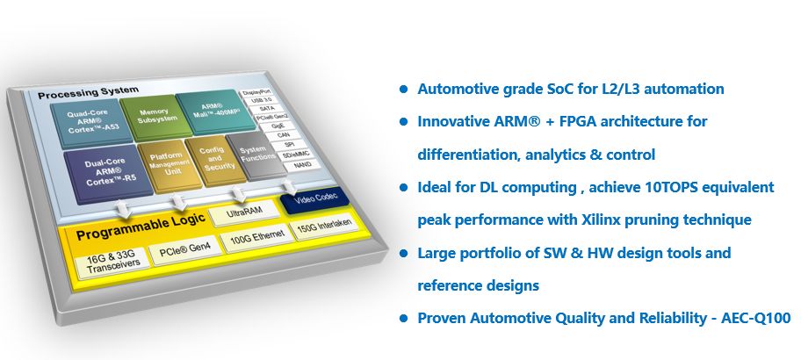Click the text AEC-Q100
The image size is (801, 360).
point(755,317)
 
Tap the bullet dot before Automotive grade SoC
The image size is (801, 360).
point(403,90)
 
